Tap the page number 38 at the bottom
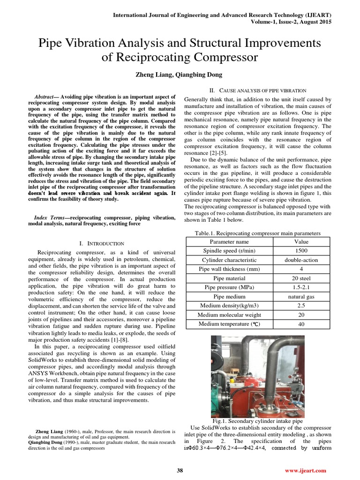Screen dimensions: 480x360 180,471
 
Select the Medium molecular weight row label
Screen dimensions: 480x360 229,315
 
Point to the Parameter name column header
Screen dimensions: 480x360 229,242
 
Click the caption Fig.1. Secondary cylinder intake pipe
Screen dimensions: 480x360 257,421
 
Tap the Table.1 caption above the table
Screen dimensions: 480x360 257,233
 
